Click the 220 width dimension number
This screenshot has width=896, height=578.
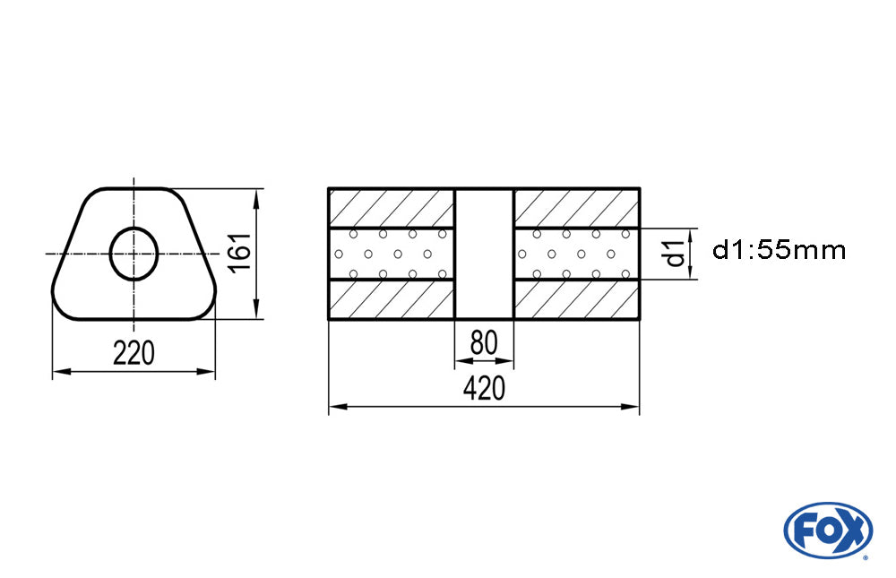(134, 353)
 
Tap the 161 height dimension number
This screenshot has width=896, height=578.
(240, 252)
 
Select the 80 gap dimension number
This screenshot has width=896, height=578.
(484, 343)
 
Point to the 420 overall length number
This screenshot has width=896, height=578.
(484, 388)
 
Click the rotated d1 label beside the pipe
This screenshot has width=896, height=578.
(675, 254)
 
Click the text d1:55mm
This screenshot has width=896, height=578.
(779, 250)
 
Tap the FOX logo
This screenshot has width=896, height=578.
(828, 530)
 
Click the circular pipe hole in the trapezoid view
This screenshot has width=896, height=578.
(134, 229)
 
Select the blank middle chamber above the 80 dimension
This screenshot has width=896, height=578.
(485, 254)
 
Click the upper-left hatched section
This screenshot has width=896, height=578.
(392, 208)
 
